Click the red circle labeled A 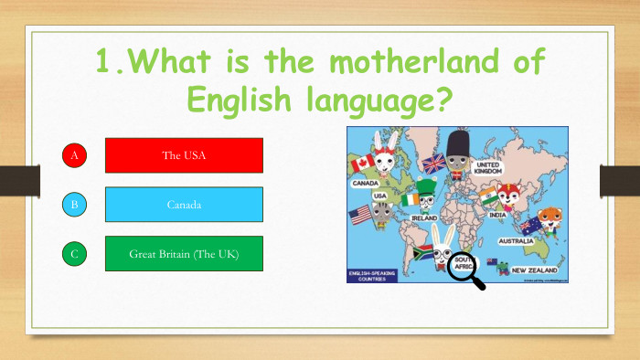(74, 155)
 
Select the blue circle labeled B (74, 205)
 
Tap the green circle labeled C (74, 254)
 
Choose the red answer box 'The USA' (184, 155)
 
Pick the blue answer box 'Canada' (184, 205)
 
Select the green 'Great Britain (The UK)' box (184, 254)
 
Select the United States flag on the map (360, 216)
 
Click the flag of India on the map (489, 196)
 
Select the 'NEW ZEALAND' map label (535, 270)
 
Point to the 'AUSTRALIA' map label (517, 241)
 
